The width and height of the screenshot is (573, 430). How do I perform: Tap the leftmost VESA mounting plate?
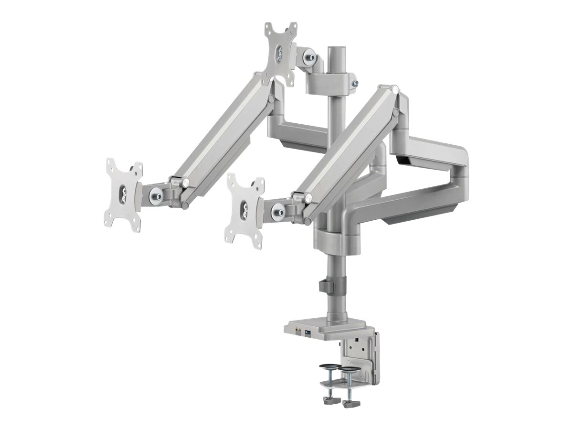coord(123,196)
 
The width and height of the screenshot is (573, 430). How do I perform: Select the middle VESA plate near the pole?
coord(245,210)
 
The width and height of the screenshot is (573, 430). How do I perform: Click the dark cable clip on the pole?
coord(325,286)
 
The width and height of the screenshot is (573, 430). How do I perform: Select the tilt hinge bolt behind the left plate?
coord(156,195)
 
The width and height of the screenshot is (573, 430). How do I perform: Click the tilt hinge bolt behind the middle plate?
coord(277,210)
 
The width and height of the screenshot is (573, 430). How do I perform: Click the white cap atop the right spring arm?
coord(395,88)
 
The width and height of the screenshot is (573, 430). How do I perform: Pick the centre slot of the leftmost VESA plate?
coord(123,196)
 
